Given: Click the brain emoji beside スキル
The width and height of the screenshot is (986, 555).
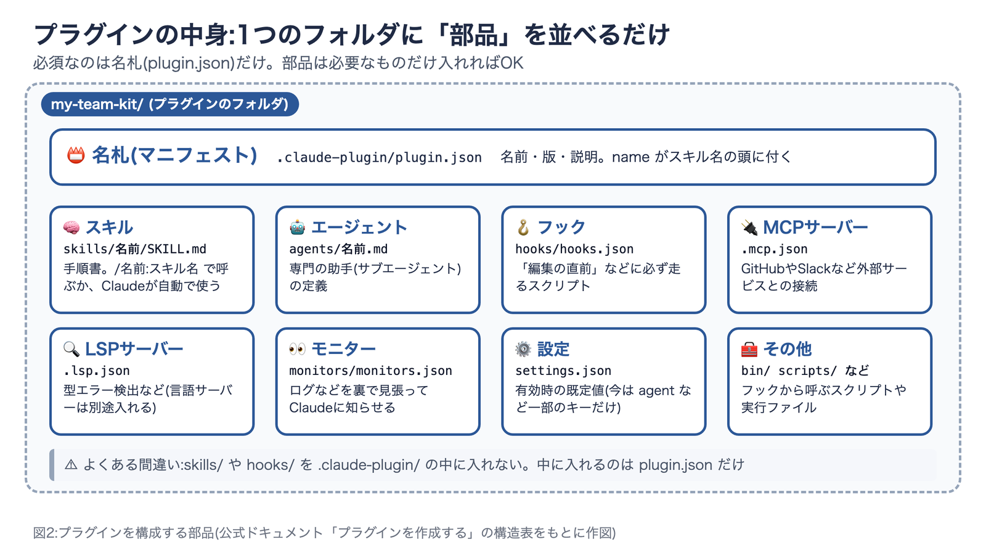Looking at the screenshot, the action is (71, 228).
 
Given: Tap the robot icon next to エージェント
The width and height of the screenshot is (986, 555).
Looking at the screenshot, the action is (297, 228).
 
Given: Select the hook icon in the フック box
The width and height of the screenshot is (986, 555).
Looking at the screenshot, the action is (523, 228).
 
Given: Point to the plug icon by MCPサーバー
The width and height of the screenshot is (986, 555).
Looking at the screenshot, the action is (749, 228).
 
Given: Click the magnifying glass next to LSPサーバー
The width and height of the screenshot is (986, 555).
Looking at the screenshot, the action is (71, 349).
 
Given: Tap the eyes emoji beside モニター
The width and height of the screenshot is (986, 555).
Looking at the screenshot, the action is (297, 349).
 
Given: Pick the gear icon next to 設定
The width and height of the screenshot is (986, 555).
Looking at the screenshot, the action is (523, 349).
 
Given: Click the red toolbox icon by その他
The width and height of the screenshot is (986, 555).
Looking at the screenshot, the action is (749, 349).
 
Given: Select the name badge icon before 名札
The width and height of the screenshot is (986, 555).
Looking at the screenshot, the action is (76, 155).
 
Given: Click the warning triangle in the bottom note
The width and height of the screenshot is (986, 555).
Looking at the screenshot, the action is (71, 465).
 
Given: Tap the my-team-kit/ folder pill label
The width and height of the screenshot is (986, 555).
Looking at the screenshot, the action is (170, 104).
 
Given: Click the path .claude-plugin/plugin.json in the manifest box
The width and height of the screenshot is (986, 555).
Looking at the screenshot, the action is (379, 157).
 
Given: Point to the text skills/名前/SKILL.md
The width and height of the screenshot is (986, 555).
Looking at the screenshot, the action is (135, 249).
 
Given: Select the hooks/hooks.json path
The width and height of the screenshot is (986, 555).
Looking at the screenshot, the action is (574, 249).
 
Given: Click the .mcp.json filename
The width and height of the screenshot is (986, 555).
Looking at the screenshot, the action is (774, 249).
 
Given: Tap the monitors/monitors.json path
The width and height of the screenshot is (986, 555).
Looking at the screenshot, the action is (370, 371).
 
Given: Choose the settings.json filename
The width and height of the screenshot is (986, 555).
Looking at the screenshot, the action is (563, 371).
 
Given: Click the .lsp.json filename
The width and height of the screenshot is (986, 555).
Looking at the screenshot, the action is (96, 371).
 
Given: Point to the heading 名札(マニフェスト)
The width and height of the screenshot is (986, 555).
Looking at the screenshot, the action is (174, 155).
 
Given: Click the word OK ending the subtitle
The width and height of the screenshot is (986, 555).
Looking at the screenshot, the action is (512, 63).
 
